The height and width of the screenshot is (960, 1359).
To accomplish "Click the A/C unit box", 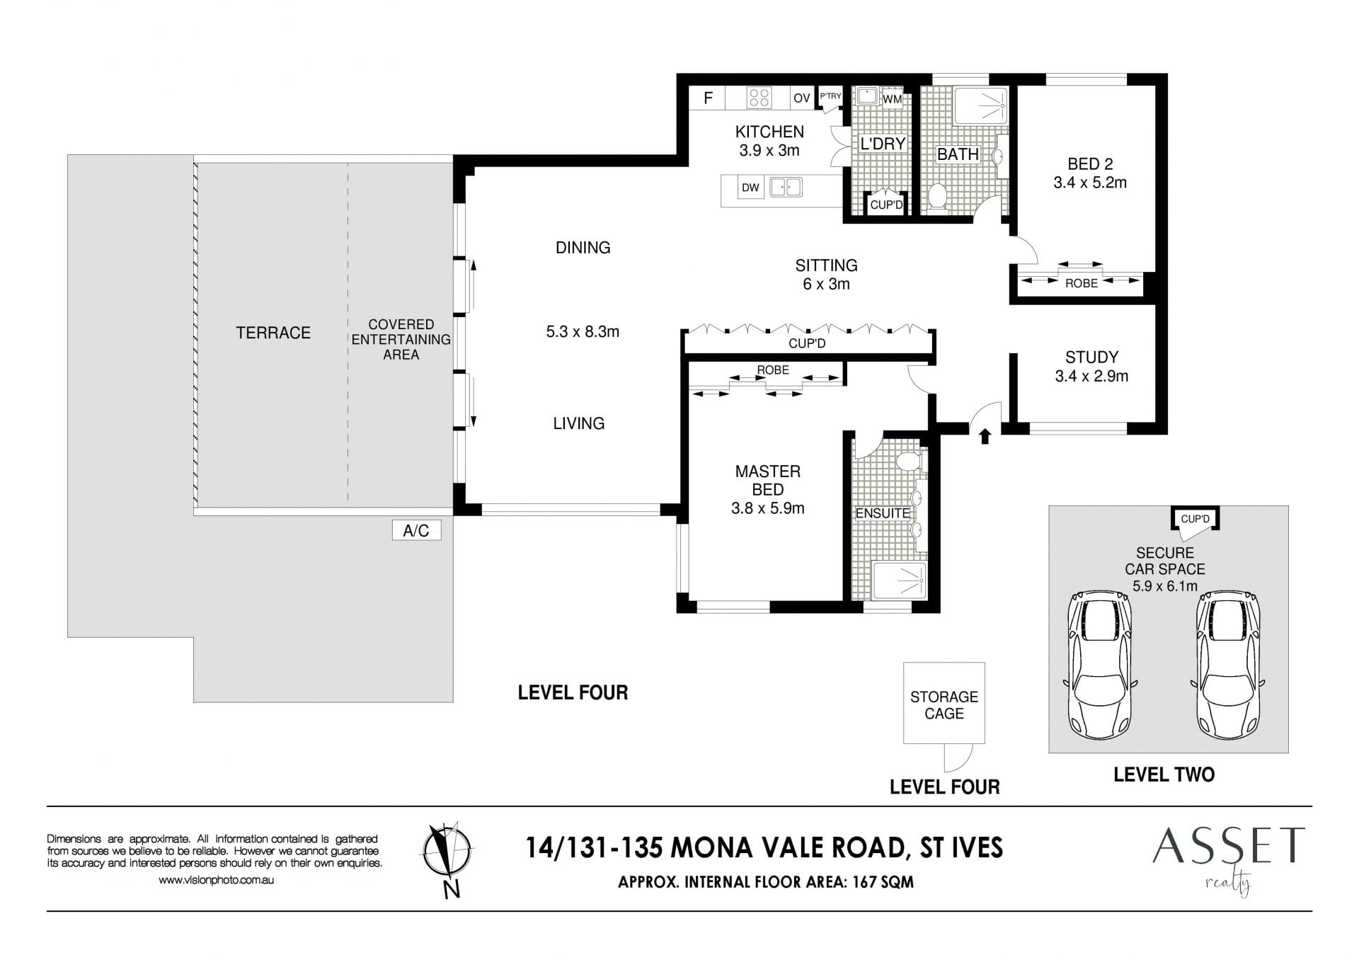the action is coord(416,530).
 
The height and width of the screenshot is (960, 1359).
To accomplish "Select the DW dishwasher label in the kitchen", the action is coord(750,188).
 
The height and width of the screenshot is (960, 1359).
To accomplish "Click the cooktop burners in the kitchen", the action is coord(759,98).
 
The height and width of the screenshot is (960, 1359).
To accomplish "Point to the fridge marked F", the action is coord(708,98).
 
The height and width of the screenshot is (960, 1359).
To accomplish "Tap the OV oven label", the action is coord(801,98).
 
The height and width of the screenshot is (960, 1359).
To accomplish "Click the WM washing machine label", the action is coord(893,99).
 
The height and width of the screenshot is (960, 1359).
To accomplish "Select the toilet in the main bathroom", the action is coord(938,198).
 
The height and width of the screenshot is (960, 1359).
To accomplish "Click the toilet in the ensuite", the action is coord(908,462).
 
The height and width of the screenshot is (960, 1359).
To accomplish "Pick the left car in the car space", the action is coord(1099,665).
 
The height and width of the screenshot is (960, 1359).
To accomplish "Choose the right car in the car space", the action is coord(1228,665).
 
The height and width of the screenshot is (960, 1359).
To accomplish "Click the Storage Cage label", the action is coord(944,705).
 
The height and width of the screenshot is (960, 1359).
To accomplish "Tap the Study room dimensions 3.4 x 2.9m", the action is coord(1091,376).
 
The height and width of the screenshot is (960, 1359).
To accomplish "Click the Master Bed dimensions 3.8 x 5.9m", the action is coord(767,508).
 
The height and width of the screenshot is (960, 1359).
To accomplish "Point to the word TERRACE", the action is coord(273,333).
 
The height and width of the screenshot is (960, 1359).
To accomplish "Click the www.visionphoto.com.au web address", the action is coord(216,880).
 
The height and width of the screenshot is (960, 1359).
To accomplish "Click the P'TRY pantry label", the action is coord(830,96).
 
